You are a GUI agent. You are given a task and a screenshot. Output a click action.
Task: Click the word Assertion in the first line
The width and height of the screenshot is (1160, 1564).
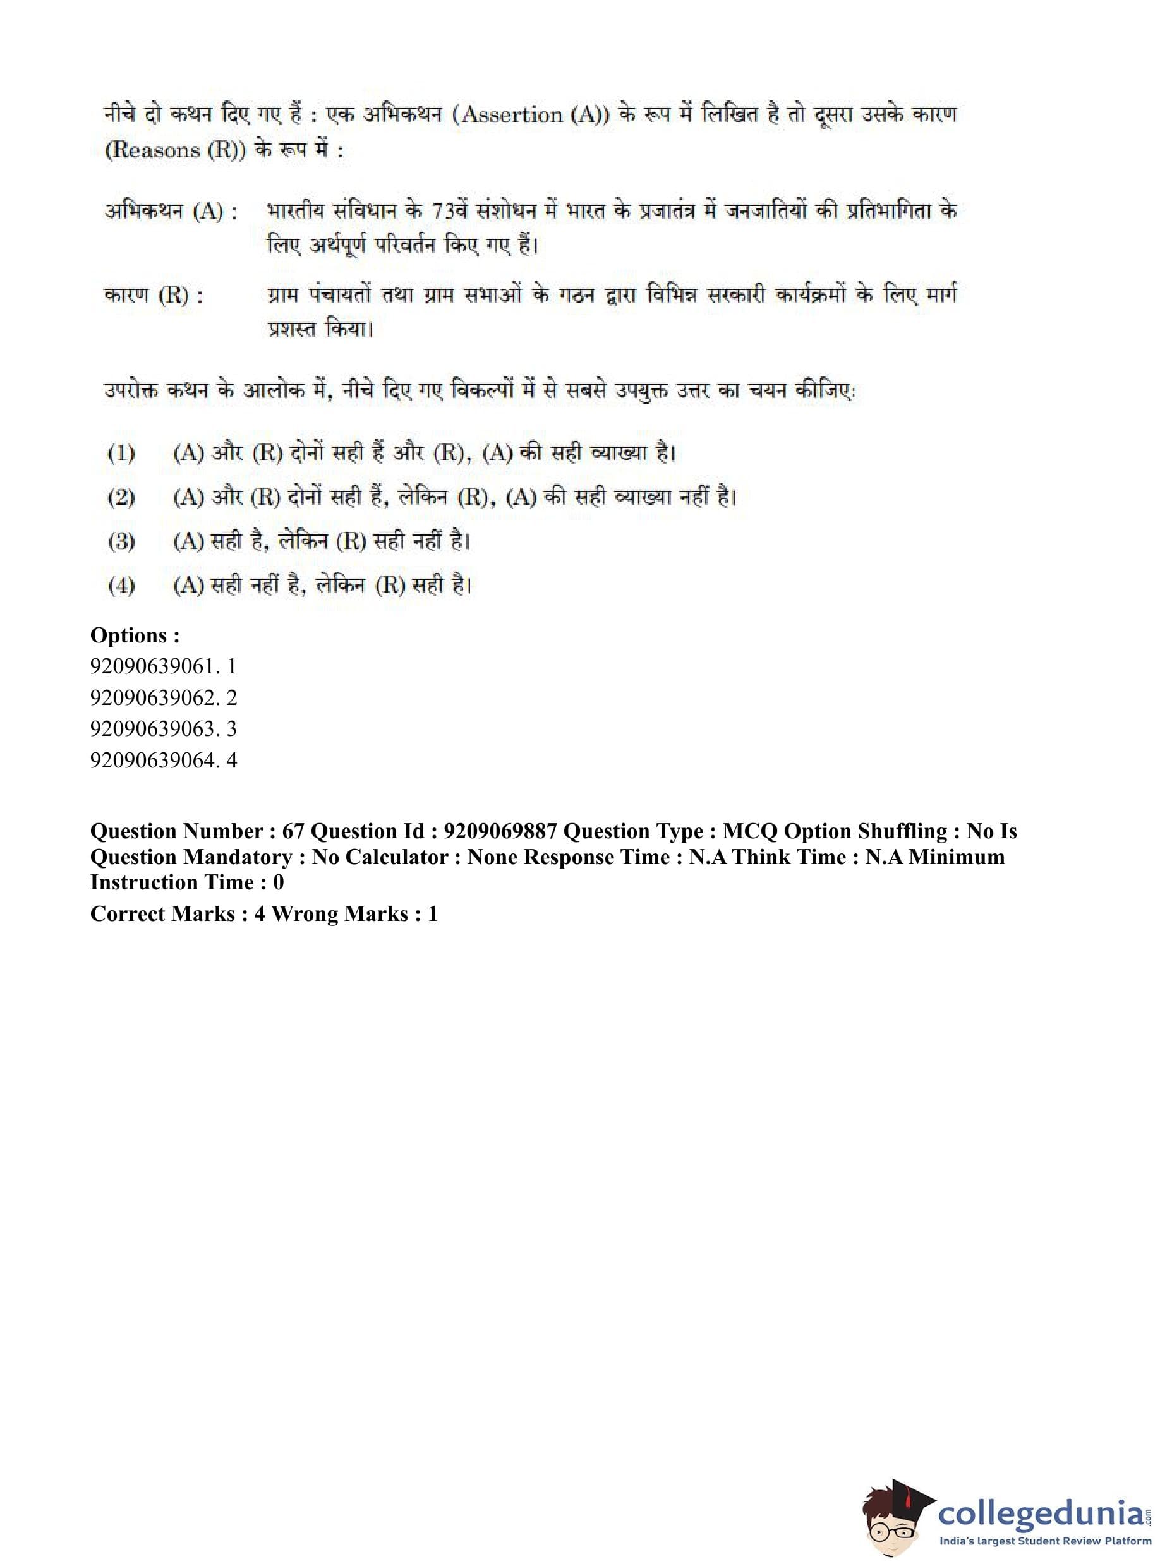[x=512, y=114]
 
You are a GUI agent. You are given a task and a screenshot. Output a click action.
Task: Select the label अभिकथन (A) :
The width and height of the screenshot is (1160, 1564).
[x=171, y=210]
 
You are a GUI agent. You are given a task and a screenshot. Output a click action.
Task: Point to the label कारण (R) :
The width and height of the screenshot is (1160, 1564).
[x=153, y=295]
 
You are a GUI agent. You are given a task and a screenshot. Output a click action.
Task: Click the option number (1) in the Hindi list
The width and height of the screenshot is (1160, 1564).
[x=121, y=453]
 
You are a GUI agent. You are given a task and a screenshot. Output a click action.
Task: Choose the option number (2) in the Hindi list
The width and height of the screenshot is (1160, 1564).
[x=121, y=497]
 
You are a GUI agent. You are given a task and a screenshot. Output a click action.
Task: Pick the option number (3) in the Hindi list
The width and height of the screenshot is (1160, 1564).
[x=121, y=541]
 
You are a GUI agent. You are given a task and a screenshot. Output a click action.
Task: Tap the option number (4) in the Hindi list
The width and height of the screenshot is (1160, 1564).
[x=121, y=586]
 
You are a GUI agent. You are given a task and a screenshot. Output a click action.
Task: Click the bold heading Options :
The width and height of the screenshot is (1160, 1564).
[x=135, y=635]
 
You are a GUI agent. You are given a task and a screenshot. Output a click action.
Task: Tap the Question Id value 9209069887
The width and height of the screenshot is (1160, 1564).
[x=500, y=831]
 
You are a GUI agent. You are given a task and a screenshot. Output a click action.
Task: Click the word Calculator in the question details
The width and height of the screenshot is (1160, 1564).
[x=402, y=857]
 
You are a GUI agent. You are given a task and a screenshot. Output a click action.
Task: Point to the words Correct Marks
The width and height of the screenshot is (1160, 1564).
[x=163, y=914]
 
